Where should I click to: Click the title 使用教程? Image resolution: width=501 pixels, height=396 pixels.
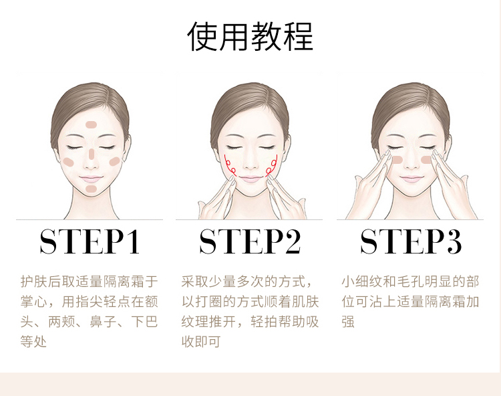click(251, 36)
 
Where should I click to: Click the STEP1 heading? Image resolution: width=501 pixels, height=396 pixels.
click(90, 242)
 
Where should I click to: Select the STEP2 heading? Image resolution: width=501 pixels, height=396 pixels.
click(251, 242)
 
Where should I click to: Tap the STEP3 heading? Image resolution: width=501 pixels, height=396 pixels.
click(411, 242)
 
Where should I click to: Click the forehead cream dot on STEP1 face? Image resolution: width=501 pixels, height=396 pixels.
click(92, 126)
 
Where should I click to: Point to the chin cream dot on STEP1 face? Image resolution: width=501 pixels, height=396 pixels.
click(92, 189)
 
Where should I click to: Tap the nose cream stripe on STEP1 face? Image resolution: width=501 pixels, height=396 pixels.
click(92, 153)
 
